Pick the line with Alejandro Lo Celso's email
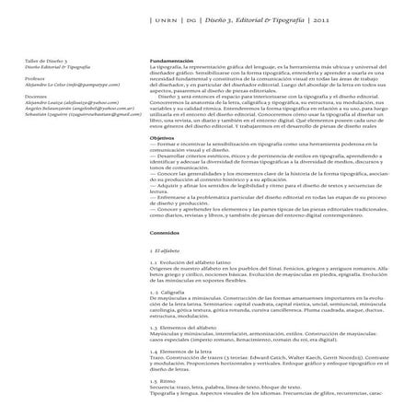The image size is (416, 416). tap(67, 86)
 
